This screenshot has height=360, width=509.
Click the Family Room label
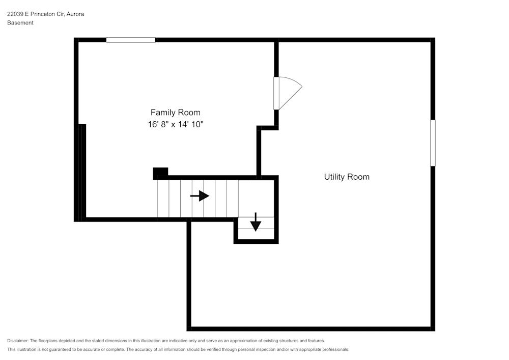[175, 113]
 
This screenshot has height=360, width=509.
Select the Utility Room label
[347, 177]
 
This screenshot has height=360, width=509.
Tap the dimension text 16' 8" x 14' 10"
[175, 124]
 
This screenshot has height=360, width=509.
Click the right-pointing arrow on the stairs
[200, 196]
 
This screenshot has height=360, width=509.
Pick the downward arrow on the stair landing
[256, 222]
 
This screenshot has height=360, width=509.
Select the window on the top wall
[130, 40]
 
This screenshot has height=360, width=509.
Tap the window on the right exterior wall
[433, 143]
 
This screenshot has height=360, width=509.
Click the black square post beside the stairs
[160, 173]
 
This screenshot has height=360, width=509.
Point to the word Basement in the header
[20, 23]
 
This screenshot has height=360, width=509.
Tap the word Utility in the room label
[335, 177]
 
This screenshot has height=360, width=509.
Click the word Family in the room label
[162, 113]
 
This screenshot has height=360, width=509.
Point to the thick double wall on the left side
[79, 173]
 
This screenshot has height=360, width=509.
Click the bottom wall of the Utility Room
[310, 329]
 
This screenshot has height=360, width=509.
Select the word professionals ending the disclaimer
[335, 350]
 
